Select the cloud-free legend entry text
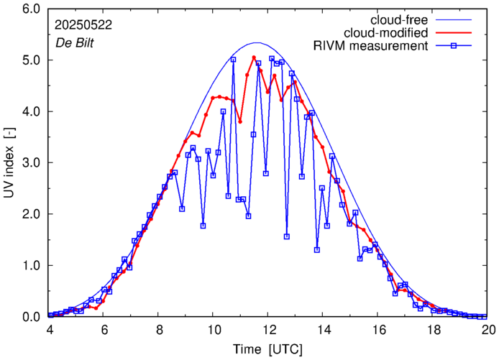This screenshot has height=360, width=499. click(398, 19)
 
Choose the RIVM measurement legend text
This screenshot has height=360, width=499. click(371, 47)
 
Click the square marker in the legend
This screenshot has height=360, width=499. click(454, 47)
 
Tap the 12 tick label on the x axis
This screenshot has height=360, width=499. click(269, 330)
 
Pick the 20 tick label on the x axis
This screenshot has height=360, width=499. click(489, 330)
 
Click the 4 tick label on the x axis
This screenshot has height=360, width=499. click(50, 330)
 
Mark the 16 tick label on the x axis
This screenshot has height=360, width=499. click(379, 330)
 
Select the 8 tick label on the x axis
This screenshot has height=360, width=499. click(160, 330)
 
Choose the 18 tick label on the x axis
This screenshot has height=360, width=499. click(434, 330)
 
